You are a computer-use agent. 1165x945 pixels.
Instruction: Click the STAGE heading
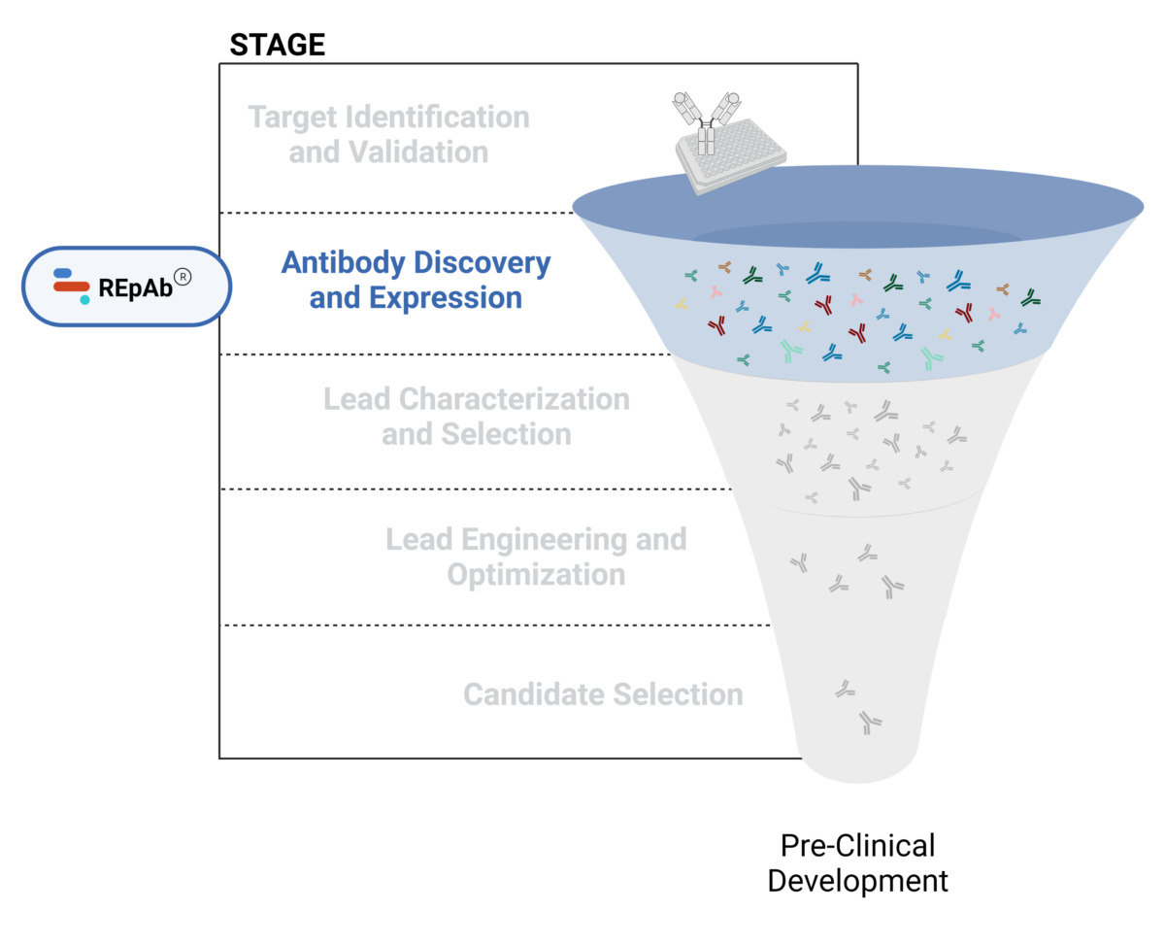point(277,45)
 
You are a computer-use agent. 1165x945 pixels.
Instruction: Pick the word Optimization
point(536,574)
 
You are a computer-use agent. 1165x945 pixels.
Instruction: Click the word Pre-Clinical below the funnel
point(858,845)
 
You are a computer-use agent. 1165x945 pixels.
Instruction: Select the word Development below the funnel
point(858,881)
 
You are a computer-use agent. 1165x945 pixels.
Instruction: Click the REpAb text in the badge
point(134,287)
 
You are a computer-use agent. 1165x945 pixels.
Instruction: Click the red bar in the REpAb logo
point(72,287)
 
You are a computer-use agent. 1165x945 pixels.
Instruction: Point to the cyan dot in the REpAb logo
point(84,300)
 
